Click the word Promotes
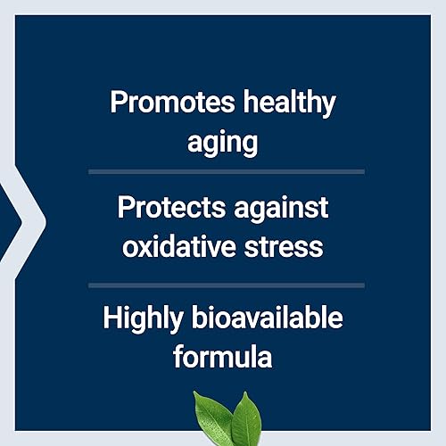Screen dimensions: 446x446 (164, 103)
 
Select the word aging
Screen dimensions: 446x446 (222, 141)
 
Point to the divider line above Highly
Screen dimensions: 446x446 (226, 285)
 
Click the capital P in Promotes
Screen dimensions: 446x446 (117, 102)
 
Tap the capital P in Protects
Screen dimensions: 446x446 (126, 208)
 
